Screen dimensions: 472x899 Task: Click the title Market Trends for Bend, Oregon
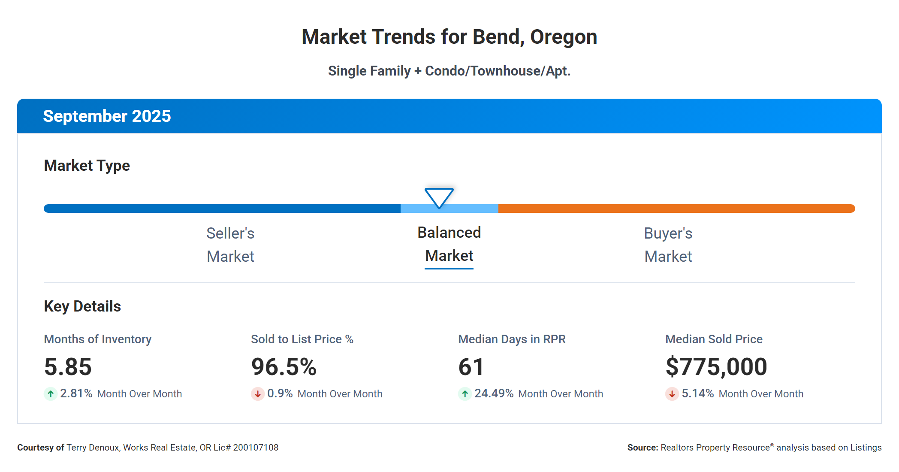click(449, 37)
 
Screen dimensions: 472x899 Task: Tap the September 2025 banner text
click(107, 116)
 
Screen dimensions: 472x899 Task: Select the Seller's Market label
click(230, 245)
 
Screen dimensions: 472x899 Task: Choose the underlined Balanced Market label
click(449, 244)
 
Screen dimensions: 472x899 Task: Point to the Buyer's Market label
click(668, 245)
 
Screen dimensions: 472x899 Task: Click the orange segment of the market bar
click(676, 209)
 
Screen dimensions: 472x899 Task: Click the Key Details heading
click(82, 306)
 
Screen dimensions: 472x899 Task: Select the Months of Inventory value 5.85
click(68, 367)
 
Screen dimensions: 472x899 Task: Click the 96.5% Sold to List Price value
click(284, 367)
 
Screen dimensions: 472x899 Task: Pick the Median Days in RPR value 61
click(471, 367)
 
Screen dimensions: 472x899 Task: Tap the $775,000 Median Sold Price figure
click(716, 367)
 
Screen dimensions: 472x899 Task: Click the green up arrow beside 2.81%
click(51, 393)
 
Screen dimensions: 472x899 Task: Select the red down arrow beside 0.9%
click(258, 393)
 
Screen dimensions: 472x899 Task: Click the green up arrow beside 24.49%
click(465, 393)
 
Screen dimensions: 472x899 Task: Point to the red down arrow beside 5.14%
click(672, 393)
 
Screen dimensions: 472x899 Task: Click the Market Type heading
click(87, 166)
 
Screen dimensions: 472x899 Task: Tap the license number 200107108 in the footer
click(256, 448)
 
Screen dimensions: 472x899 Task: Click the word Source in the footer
click(642, 448)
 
